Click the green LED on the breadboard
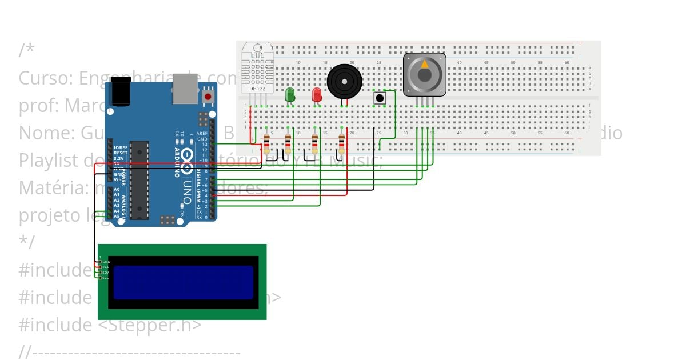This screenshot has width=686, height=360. point(290,94)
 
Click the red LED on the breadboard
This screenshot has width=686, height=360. point(317,95)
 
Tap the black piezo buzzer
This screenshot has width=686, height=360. point(344,82)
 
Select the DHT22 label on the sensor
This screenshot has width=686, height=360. point(257,89)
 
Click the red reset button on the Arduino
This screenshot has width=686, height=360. point(208,97)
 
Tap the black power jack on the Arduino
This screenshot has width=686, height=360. point(121,92)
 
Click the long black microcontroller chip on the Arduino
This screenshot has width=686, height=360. point(139,180)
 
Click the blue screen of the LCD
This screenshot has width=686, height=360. point(183,282)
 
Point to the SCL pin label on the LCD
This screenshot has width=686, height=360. point(106,278)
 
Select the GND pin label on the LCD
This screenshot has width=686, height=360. point(106,261)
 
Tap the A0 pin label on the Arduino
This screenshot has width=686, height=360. point(117,189)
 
